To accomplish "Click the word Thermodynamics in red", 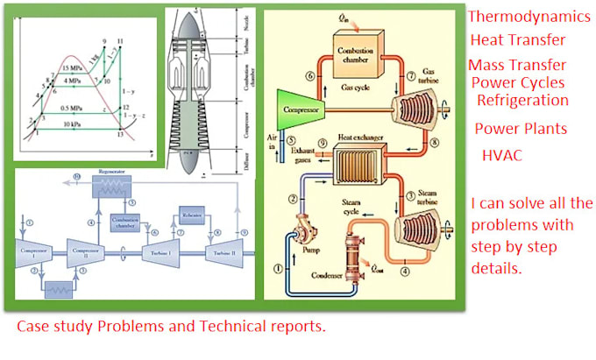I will pyautogui.click(x=529, y=16).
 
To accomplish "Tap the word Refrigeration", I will pyautogui.click(x=522, y=100).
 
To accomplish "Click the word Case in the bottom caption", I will pyautogui.click(x=34, y=327).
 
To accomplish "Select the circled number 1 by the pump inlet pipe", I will pyautogui.click(x=280, y=268).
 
